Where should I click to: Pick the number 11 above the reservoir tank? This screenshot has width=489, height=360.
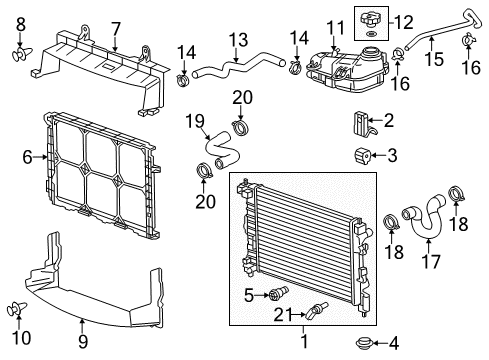point(333,24)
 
